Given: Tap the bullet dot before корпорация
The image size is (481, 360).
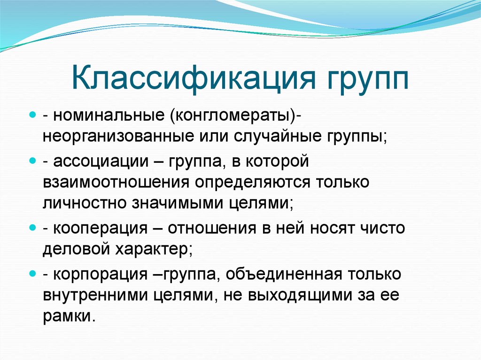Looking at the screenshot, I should pos(33,273).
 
